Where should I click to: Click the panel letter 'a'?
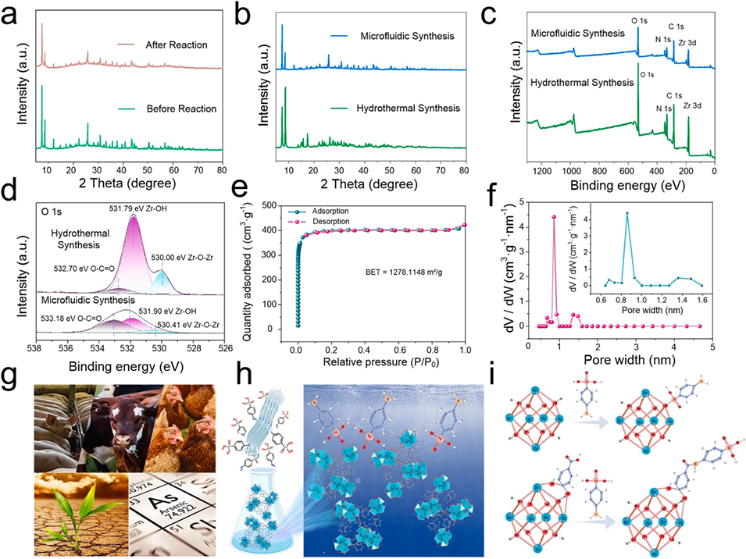11,13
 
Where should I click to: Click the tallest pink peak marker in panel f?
554,218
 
